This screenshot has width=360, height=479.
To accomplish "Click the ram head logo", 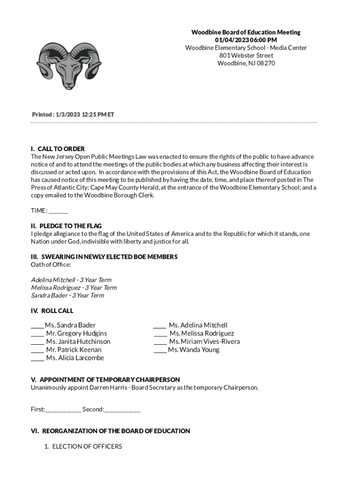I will click(69, 65).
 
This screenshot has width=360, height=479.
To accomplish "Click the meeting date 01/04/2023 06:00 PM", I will click(246, 40).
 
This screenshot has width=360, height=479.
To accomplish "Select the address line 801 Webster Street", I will click(246, 55).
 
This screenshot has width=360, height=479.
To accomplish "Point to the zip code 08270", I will click(266, 63).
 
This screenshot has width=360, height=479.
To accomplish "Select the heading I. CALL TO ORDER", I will click(58, 149).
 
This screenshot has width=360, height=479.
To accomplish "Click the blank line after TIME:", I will click(58, 210).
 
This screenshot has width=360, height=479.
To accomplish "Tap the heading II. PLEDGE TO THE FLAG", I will click(66, 226).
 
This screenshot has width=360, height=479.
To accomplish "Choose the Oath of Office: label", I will click(51, 265).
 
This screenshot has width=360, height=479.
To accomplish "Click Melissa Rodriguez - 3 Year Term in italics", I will click(74, 288).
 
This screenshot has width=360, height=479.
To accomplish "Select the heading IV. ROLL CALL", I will click(52, 311).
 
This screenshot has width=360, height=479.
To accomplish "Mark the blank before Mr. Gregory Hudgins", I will click(37, 334).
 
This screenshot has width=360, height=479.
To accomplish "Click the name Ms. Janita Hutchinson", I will click(78, 341).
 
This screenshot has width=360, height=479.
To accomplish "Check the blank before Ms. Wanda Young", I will click(160, 350).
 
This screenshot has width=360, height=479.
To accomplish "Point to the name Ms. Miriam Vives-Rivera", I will click(204, 341).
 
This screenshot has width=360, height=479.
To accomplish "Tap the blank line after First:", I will click(63, 410).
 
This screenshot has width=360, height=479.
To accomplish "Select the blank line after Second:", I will click(122, 410).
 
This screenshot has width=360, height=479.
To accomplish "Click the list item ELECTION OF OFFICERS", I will click(87, 446).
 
